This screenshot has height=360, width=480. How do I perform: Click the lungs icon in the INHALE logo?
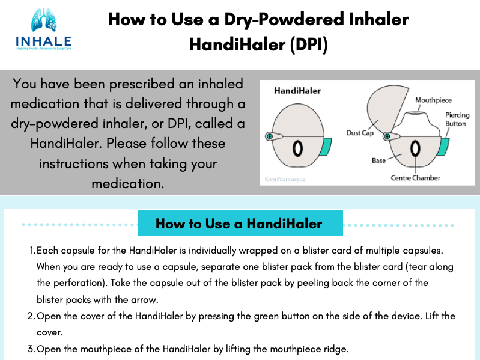pyautogui.click(x=44, y=20)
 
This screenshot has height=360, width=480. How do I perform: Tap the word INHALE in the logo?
pyautogui.click(x=44, y=41)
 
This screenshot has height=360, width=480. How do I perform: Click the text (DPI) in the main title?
pyautogui.click(x=309, y=44)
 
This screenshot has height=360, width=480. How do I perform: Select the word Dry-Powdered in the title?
pyautogui.click(x=284, y=20)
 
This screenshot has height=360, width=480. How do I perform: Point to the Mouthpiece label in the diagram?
pyautogui.click(x=433, y=100)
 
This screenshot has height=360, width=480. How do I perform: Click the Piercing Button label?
pyautogui.click(x=457, y=119)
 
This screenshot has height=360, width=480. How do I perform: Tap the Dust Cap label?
pyautogui.click(x=360, y=133)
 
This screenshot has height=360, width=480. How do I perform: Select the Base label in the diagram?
pyautogui.click(x=378, y=160)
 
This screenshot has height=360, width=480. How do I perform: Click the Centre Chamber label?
pyautogui.click(x=415, y=178)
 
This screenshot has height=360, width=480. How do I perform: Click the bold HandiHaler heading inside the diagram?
pyautogui.click(x=297, y=91)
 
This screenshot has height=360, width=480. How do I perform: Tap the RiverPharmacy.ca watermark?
pyautogui.click(x=285, y=179)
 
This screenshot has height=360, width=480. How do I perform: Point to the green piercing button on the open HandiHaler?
pyautogui.click(x=443, y=147)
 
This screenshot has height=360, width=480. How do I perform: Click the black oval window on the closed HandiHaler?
pyautogui.click(x=298, y=149)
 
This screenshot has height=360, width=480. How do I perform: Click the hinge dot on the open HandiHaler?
pyautogui.click(x=387, y=136)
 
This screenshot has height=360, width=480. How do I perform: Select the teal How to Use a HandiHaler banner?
pyautogui.click(x=240, y=223)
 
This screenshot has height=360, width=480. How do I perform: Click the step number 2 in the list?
pyautogui.click(x=30, y=316)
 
